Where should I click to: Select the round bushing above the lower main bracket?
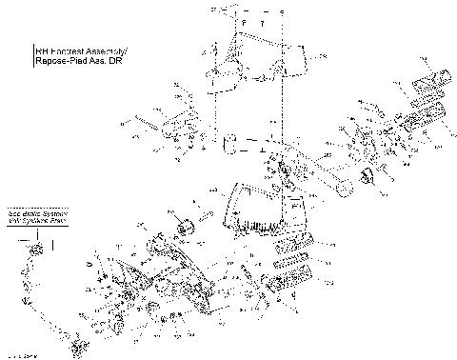[185, 225]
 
